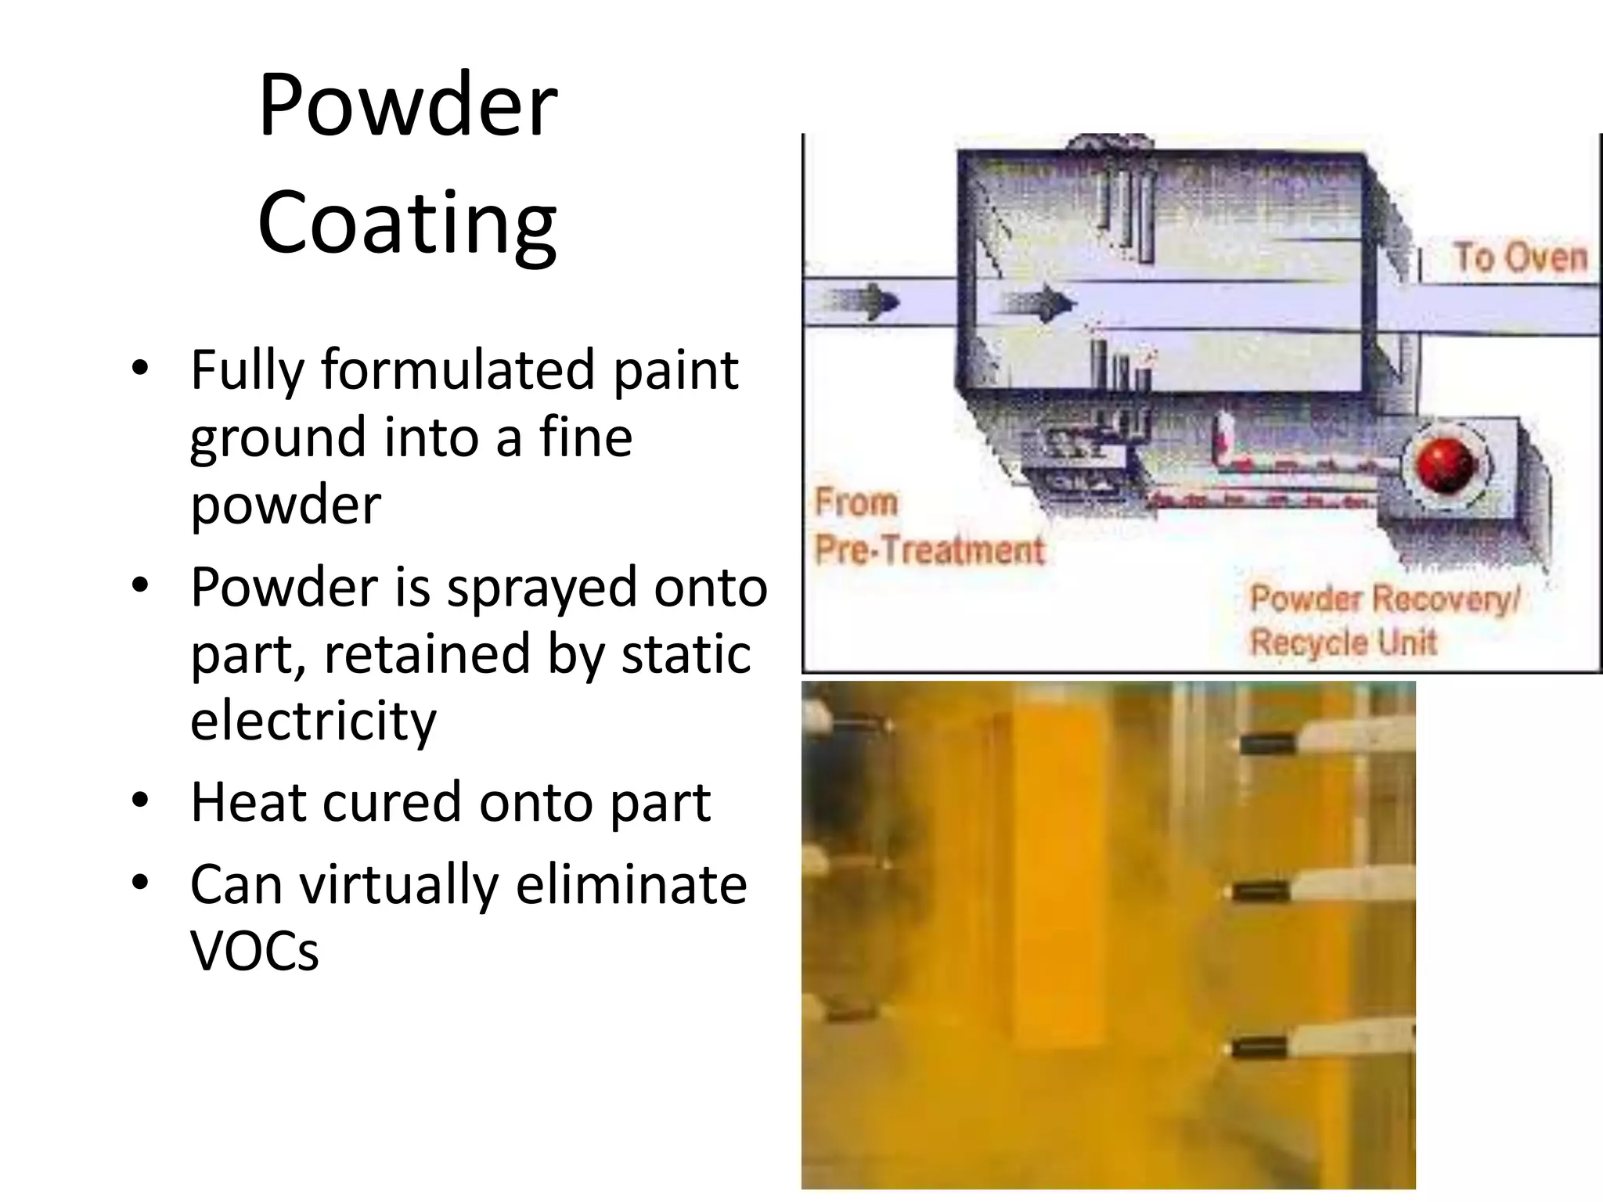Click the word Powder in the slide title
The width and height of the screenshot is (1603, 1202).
point(407,105)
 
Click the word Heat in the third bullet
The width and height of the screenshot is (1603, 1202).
point(248,802)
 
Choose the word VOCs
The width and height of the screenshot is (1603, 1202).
point(254,952)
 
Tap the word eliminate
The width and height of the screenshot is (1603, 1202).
point(631,884)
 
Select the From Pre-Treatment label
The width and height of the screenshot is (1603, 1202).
point(928,526)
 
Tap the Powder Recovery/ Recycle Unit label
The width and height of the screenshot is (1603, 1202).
point(1383,621)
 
